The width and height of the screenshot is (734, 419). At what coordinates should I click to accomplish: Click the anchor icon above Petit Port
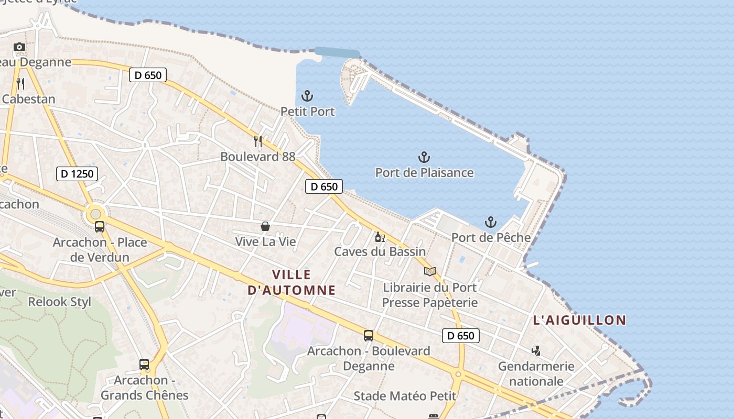[x=307, y=96]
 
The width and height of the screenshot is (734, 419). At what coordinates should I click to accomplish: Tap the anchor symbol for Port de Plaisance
[x=424, y=157]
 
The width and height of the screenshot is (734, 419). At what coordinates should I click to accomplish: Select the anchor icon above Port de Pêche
[x=490, y=222]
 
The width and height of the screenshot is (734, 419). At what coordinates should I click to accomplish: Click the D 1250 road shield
[x=77, y=173]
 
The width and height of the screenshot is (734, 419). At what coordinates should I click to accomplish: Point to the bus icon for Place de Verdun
[x=100, y=227]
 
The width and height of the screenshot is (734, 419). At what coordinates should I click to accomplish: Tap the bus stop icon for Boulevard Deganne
[x=369, y=336]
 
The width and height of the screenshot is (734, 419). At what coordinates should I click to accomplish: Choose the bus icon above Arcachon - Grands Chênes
[x=144, y=365]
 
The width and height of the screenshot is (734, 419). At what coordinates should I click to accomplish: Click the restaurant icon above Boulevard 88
[x=257, y=141]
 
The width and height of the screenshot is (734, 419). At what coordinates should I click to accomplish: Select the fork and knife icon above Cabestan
[x=20, y=83]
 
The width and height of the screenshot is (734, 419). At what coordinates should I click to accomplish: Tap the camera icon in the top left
[x=19, y=47]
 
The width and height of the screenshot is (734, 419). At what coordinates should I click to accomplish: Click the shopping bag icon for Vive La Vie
[x=265, y=226]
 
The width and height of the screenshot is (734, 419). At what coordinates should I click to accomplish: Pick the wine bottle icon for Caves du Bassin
[x=380, y=237]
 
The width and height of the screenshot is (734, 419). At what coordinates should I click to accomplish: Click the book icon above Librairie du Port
[x=430, y=271]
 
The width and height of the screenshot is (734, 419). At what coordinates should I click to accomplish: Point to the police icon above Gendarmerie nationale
[x=536, y=350]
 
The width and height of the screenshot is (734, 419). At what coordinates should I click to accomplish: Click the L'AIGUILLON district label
[x=579, y=320]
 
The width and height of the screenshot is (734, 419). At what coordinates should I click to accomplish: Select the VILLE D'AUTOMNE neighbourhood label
[x=291, y=282]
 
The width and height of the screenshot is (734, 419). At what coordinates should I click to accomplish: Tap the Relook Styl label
[x=59, y=302]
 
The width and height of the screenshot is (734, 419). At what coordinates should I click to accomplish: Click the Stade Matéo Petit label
[x=405, y=396]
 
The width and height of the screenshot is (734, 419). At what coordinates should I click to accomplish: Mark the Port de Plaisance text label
[x=424, y=172]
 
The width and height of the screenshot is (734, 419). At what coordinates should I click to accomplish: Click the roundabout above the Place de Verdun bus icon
[x=95, y=213]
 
